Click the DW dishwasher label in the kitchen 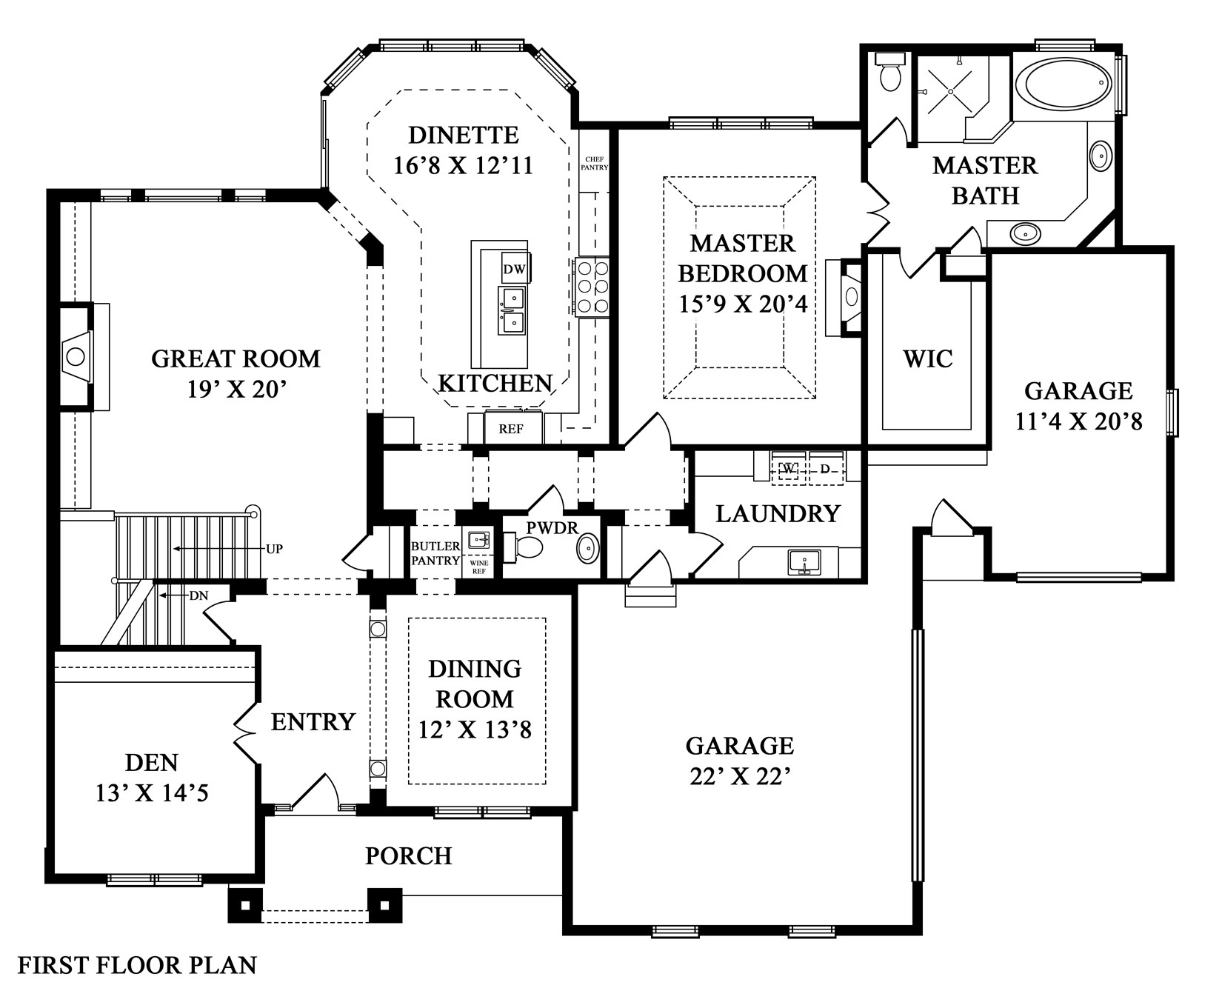[x=514, y=269]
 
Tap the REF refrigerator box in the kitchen [x=511, y=428]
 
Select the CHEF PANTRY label [x=596, y=163]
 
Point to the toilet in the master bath [x=887, y=73]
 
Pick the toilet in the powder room [x=527, y=547]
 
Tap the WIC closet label [x=927, y=359]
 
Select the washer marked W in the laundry [x=788, y=468]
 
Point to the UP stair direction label [x=274, y=549]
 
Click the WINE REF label [x=479, y=567]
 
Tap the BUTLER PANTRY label [x=435, y=553]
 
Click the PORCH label [x=408, y=856]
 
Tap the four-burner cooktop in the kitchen [x=590, y=286]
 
